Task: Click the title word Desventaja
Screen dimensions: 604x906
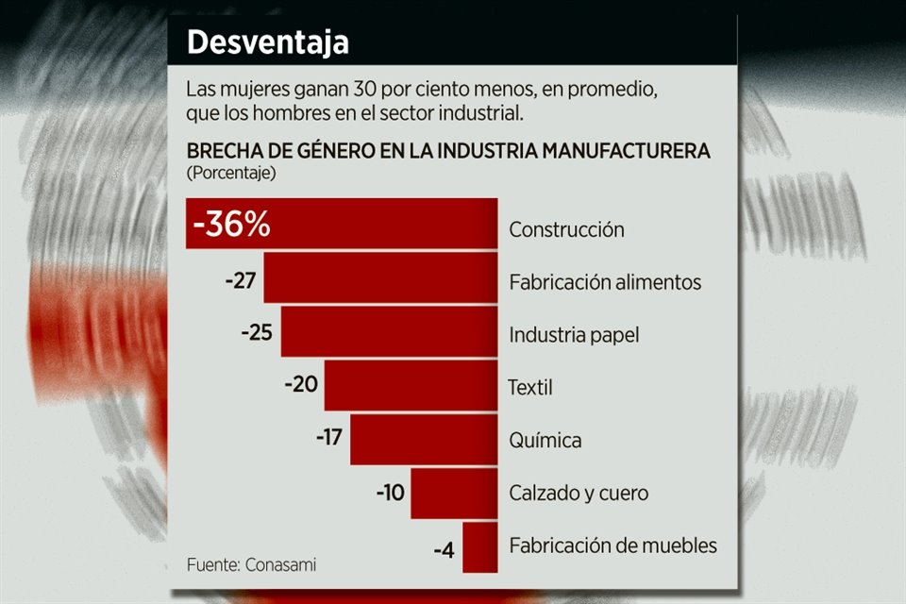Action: [x=267, y=42]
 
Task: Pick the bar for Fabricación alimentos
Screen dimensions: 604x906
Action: [x=380, y=278]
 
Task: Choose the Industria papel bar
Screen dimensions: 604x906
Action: [x=389, y=332]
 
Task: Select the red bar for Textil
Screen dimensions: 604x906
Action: [x=411, y=385]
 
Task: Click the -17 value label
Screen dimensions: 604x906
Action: [x=329, y=439]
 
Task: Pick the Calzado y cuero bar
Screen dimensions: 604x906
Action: [x=454, y=493]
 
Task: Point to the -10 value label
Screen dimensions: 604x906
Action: [x=390, y=493]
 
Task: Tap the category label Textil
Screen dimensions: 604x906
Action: [x=529, y=387]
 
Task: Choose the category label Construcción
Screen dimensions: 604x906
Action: [x=566, y=229]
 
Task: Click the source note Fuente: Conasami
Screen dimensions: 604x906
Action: [x=251, y=564]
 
